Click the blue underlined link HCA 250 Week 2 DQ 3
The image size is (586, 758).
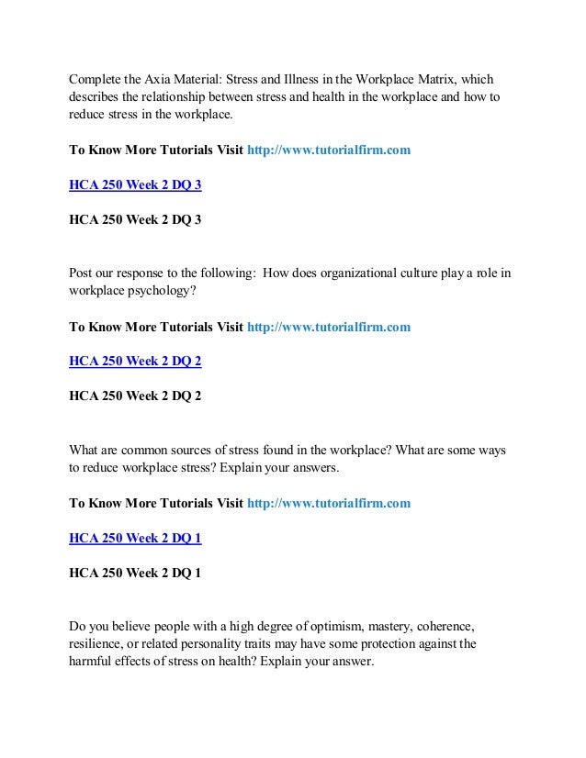[135, 184]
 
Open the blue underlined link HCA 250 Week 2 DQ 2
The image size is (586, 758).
[135, 362]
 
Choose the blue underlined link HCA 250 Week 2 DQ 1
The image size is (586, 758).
[135, 539]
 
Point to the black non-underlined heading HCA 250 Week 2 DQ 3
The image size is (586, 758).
[135, 220]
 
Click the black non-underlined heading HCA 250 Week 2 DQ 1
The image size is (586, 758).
[135, 574]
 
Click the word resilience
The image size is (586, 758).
[97, 644]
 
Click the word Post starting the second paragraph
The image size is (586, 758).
[83, 273]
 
